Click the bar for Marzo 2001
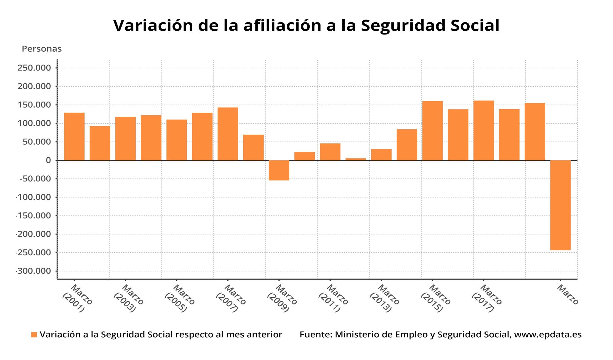[74, 136]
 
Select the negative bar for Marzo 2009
[279, 170]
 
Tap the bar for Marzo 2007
[228, 134]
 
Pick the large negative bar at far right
[560, 205]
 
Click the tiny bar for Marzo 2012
[356, 159]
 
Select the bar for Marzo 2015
[432, 131]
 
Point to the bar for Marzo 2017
[483, 130]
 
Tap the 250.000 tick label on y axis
[34, 68]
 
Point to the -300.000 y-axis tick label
[34, 271]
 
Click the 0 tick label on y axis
[48, 160]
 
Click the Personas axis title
[42, 49]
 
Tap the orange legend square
[34, 335]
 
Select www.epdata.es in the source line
[548, 334]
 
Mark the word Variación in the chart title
[153, 26]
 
